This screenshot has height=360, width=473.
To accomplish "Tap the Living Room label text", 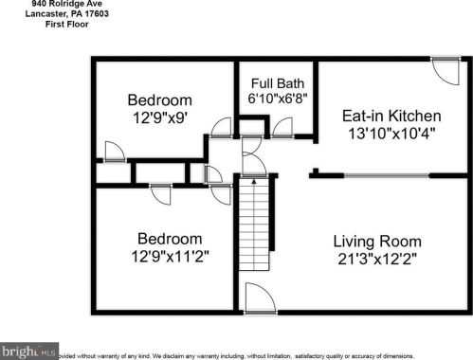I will click(x=376, y=241).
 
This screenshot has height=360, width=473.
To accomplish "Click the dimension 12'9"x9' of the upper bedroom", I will click(x=160, y=118).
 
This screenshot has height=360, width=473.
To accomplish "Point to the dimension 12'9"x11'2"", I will click(x=170, y=257).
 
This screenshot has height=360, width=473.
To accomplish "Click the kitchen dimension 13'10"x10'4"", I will click(x=391, y=135).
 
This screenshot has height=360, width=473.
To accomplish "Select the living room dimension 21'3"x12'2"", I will click(x=376, y=260).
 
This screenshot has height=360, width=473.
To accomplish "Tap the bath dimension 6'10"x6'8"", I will click(x=277, y=98).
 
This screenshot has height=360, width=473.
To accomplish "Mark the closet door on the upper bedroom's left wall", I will click(x=112, y=153).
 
